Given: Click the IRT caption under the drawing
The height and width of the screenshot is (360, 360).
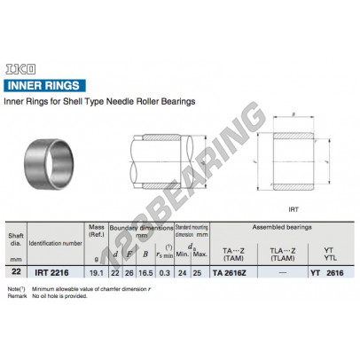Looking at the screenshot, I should (292, 211).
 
